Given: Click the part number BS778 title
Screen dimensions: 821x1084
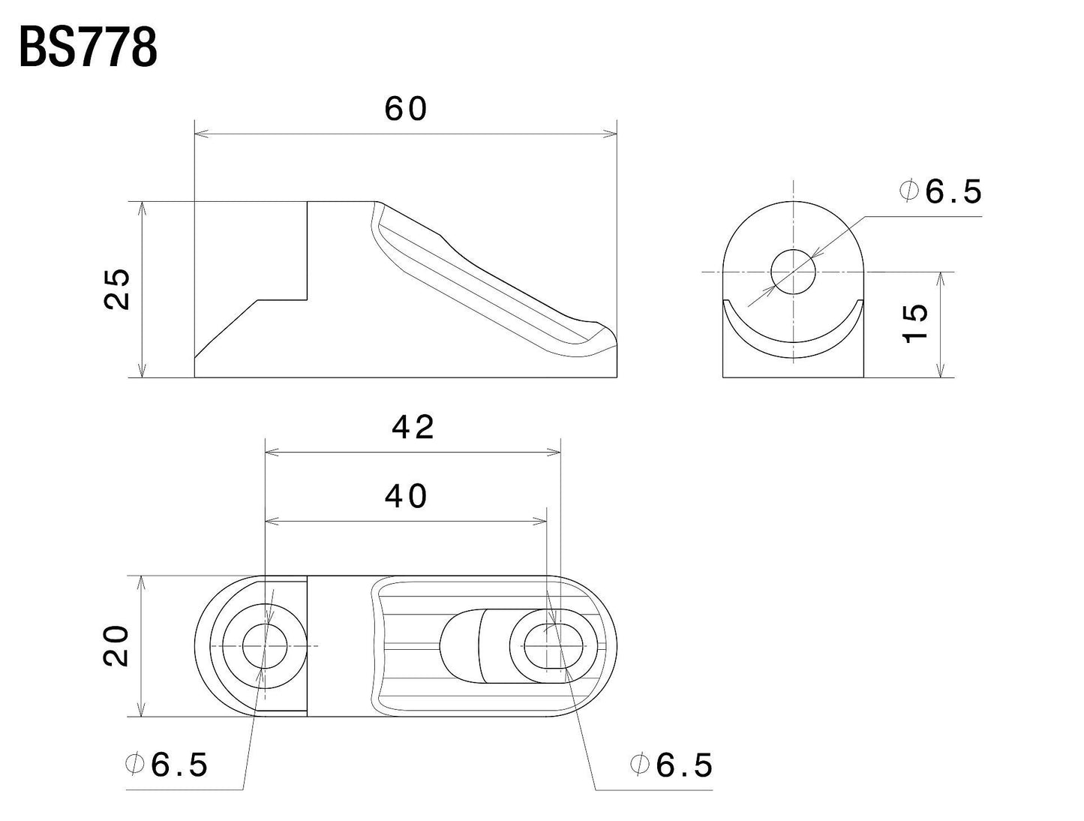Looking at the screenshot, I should [88, 49].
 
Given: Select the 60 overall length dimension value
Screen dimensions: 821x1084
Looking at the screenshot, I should [406, 110].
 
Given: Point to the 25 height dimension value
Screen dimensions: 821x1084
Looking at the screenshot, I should [119, 289].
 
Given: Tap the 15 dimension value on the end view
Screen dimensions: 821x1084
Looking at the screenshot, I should [916, 323].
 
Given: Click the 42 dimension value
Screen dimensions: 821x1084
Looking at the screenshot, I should [413, 428].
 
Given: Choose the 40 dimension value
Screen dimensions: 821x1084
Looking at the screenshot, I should [406, 496].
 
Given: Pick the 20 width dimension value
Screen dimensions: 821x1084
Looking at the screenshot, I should [119, 646].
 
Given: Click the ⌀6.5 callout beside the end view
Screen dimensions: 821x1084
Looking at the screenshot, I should [941, 192].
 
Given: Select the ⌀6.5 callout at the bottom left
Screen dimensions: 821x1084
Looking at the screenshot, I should [166, 765].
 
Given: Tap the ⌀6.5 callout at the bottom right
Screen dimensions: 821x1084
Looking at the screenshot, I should [671, 765].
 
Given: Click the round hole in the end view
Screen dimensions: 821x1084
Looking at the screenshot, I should [793, 271].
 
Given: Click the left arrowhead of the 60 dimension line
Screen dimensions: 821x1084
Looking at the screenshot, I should [200, 135].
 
